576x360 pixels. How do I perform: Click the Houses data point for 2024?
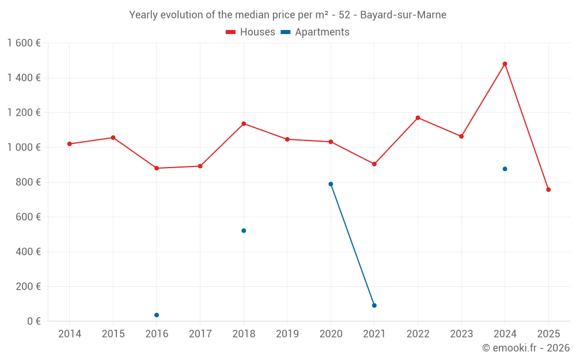[x=505, y=64]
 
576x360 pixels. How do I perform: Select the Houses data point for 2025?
[x=548, y=190]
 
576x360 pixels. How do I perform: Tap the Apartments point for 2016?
[x=157, y=315]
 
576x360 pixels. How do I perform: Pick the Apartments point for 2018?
[x=244, y=230]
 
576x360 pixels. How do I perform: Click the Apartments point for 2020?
[x=331, y=184]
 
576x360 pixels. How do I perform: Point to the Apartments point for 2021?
[x=374, y=305]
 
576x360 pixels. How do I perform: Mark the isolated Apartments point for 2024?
[x=505, y=169]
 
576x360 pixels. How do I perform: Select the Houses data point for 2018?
[x=244, y=124]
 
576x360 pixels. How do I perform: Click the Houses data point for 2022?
[x=418, y=118]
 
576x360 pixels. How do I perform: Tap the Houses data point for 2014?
[x=70, y=144]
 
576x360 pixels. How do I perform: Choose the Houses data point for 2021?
[x=374, y=164]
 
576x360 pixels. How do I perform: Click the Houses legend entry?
[x=251, y=32]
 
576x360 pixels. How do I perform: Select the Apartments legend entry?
[x=315, y=32]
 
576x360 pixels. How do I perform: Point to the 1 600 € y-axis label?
[x=24, y=43]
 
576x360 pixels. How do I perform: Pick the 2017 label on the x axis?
[x=200, y=334]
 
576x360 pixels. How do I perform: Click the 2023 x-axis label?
[x=461, y=334]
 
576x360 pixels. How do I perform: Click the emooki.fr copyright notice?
[x=525, y=348]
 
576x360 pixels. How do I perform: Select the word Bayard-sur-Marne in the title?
[x=403, y=15]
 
